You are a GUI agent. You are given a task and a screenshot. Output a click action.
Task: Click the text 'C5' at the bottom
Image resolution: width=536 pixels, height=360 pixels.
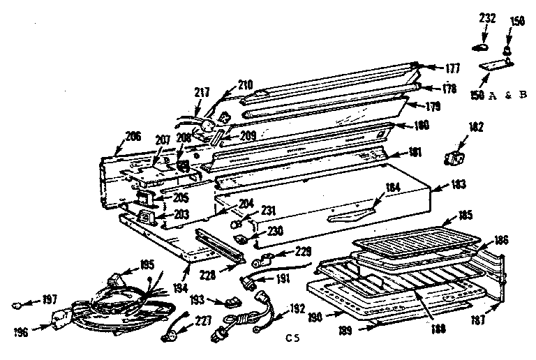293,339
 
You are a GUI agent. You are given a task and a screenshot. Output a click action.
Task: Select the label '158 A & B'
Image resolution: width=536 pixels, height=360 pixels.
497,93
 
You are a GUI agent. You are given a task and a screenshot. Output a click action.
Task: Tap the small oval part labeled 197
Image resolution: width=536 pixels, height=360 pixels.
19,305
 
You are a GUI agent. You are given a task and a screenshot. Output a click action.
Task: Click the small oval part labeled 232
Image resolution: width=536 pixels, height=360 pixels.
480,47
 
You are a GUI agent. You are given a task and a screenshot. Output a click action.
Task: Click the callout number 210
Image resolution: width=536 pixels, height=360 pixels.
245,84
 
